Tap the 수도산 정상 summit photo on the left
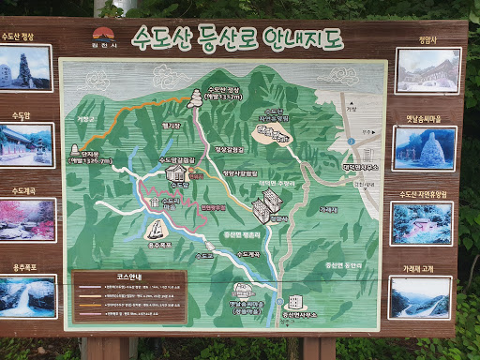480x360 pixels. click(x=26, y=68)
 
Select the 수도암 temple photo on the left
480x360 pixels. click(x=26, y=144)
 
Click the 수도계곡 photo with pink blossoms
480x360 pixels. click(x=26, y=218)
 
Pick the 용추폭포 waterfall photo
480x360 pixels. click(x=26, y=295)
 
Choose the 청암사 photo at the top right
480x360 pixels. click(x=427, y=69)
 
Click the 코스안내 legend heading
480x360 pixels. click(x=129, y=278)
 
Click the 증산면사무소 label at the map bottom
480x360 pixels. click(x=313, y=313)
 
